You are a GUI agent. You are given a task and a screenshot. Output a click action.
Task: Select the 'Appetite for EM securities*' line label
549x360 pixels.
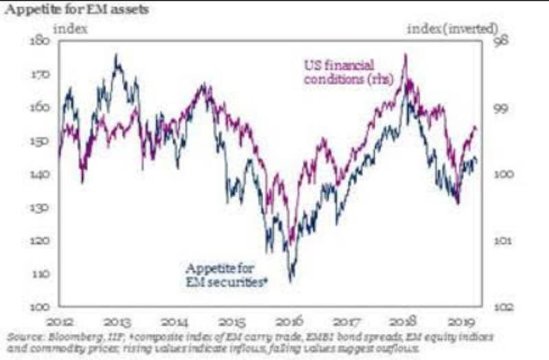[x=226, y=274]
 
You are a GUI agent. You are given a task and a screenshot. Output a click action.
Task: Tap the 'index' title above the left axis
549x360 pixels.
[x=86, y=29]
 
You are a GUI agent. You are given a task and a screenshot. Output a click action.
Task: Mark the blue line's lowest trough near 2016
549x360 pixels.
[x=291, y=280]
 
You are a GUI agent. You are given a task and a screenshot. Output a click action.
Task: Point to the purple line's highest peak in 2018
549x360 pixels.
[x=406, y=55]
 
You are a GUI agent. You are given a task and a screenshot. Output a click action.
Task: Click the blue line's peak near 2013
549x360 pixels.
[x=116, y=56]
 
